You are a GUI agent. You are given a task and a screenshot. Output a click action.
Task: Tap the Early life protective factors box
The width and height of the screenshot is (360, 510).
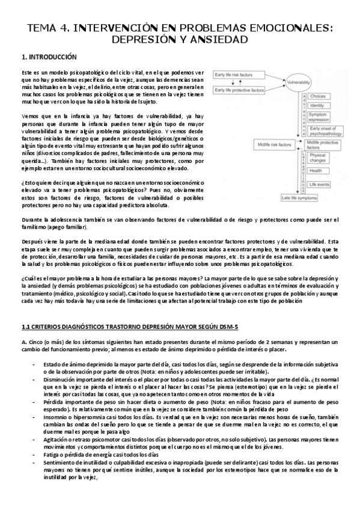pos(246,89)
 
